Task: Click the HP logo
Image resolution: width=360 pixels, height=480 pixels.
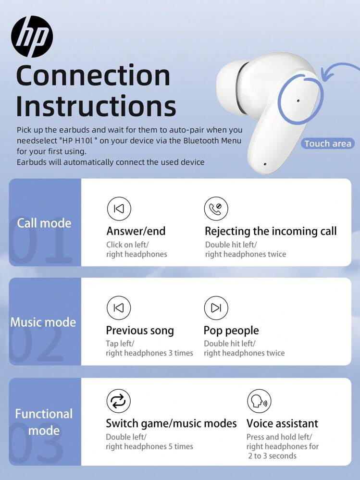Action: [32, 37]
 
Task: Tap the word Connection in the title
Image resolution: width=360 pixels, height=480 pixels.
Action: [93, 75]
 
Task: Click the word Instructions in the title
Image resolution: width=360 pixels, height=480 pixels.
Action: [96, 105]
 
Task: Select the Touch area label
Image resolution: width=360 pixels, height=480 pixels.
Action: [327, 144]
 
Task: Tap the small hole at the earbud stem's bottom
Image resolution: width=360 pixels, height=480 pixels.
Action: [265, 164]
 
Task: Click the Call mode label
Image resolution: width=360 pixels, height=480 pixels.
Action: [44, 223]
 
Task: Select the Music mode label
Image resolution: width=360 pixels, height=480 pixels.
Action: [43, 322]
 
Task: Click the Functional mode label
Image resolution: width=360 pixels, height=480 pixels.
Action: [44, 422]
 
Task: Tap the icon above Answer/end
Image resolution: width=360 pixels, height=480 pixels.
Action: [119, 209]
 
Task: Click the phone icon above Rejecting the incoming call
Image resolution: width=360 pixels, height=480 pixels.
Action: [216, 209]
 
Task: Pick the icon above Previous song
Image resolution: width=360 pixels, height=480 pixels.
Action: [119, 308]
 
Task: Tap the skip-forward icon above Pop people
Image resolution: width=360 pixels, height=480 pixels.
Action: [216, 308]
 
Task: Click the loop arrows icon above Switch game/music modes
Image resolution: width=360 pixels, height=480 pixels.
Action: [118, 401]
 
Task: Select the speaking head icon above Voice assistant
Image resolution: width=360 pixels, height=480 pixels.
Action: [259, 401]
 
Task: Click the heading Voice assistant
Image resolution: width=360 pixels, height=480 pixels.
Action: [282, 423]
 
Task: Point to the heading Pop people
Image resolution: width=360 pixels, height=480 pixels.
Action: [231, 331]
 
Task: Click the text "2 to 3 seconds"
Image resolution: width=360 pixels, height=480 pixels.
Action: [273, 456]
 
